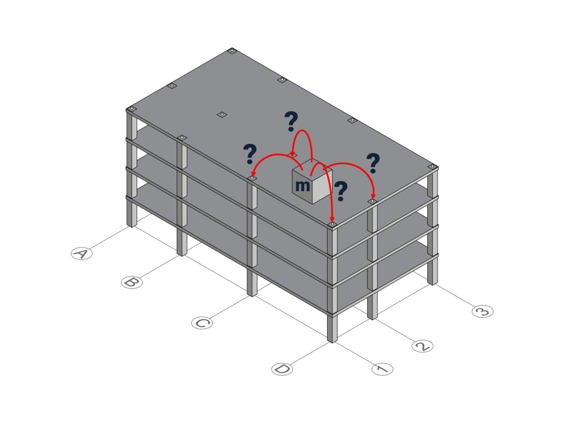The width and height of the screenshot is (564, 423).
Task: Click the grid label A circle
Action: click(x=82, y=254)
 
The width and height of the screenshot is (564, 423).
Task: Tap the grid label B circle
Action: click(x=132, y=282)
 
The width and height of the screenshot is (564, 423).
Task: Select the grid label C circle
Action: click(x=202, y=323)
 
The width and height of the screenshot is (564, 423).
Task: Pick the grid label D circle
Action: click(x=282, y=369)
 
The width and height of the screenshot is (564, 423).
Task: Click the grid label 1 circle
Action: click(x=382, y=369)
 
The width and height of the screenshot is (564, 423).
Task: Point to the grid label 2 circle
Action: click(x=422, y=346)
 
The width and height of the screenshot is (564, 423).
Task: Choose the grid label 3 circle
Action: click(x=483, y=311)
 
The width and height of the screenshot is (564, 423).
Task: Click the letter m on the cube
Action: click(x=302, y=186)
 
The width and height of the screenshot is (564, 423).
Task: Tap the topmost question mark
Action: click(x=291, y=122)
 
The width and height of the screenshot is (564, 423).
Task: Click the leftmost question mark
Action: click(x=250, y=154)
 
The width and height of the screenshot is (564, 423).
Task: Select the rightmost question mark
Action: click(x=373, y=163)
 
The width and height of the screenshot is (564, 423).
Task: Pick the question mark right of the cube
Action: click(x=340, y=191)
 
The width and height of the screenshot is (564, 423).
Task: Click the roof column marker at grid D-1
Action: click(x=332, y=225)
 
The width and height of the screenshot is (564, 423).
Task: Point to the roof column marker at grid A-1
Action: click(x=132, y=109)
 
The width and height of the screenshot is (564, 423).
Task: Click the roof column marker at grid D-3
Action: click(x=432, y=167)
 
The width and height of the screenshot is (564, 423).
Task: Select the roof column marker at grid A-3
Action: click(x=232, y=51)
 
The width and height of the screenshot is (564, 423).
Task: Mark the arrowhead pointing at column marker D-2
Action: click(x=374, y=196)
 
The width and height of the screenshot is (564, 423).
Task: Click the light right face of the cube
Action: click(x=322, y=186)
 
